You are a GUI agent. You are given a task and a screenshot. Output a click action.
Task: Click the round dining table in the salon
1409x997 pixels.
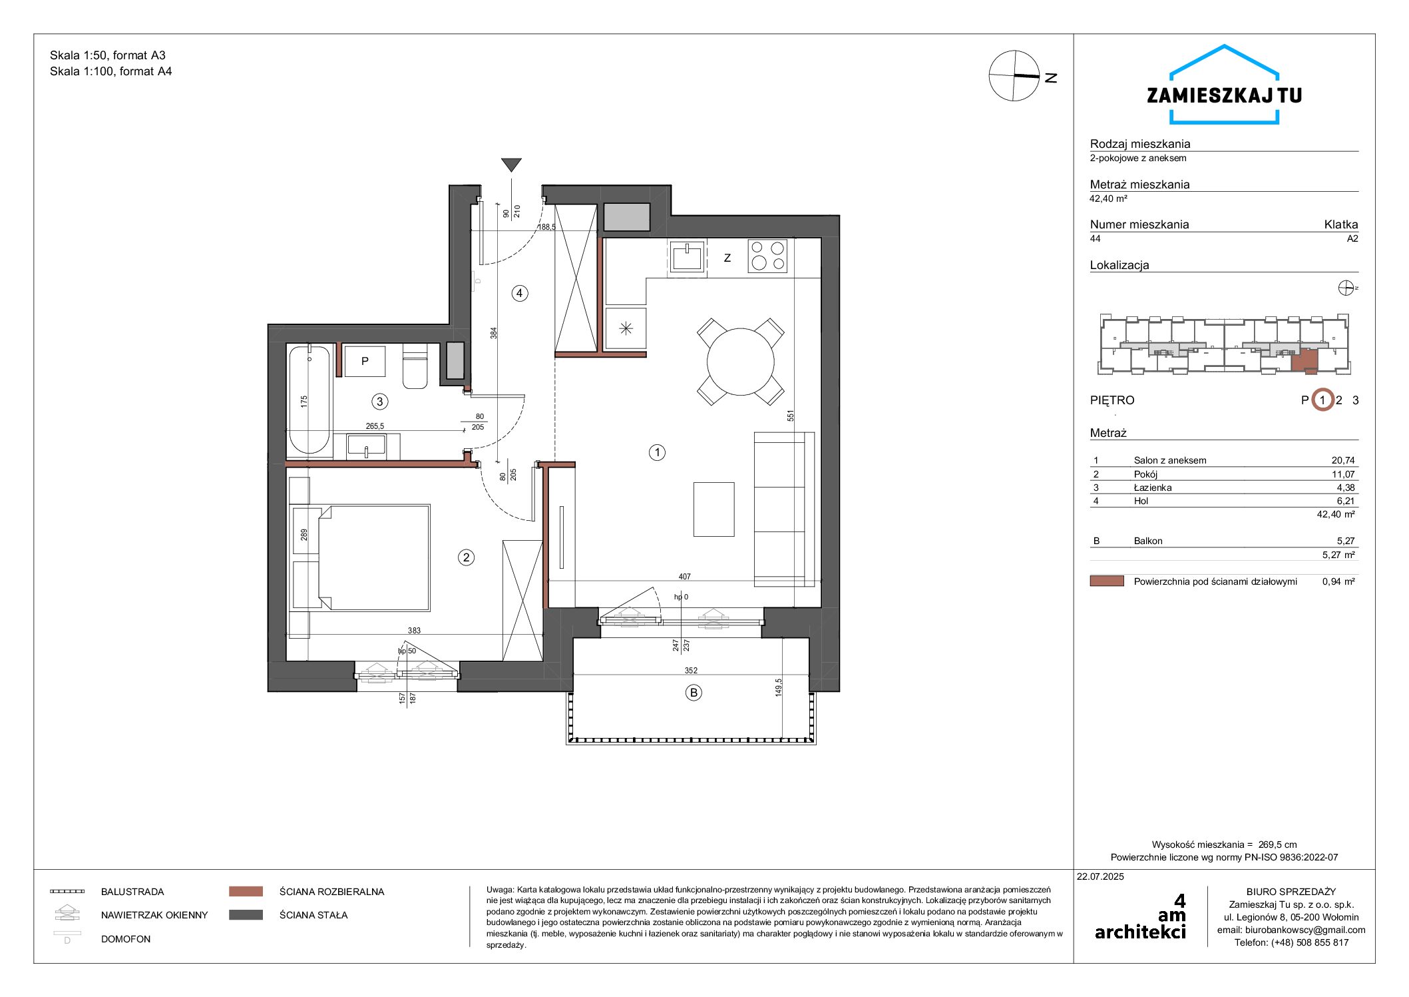point(740,362)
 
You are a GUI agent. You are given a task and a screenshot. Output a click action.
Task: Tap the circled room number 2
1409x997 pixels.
point(466,557)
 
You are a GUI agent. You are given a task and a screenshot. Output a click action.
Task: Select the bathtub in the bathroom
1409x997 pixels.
point(309,400)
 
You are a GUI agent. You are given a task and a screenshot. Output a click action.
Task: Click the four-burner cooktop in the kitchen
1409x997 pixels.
point(767,256)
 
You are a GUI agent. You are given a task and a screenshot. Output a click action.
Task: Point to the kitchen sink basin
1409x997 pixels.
point(687,256)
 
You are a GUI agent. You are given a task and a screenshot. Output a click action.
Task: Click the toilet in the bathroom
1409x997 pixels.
point(415,366)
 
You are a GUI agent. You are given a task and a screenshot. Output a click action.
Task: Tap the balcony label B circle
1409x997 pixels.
point(694,693)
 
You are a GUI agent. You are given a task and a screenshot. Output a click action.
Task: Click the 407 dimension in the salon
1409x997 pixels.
point(685,577)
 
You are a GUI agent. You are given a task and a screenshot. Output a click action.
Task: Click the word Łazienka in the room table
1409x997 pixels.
point(1153,488)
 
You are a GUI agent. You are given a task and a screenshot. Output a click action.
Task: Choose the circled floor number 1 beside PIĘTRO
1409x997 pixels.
point(1322,400)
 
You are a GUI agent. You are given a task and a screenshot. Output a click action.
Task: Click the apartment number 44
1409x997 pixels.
point(1095,238)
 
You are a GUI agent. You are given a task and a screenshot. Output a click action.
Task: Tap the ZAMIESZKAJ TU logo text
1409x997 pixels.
point(1224,95)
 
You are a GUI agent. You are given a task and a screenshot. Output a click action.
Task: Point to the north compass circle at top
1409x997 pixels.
point(1014,76)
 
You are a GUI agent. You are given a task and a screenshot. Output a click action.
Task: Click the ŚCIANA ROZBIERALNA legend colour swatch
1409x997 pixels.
point(246,891)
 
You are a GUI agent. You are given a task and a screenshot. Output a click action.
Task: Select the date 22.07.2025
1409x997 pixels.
point(1100,876)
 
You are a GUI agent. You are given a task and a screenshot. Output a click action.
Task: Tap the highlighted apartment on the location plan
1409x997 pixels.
point(1305,360)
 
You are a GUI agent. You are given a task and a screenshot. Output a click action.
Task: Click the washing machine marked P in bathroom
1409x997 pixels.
point(365,361)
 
